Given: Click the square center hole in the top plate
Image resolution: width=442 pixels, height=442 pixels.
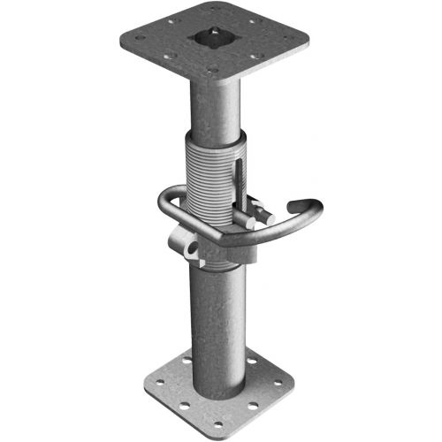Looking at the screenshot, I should coord(216,37).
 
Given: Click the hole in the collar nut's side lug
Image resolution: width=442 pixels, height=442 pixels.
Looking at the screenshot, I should coord(188,250).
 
